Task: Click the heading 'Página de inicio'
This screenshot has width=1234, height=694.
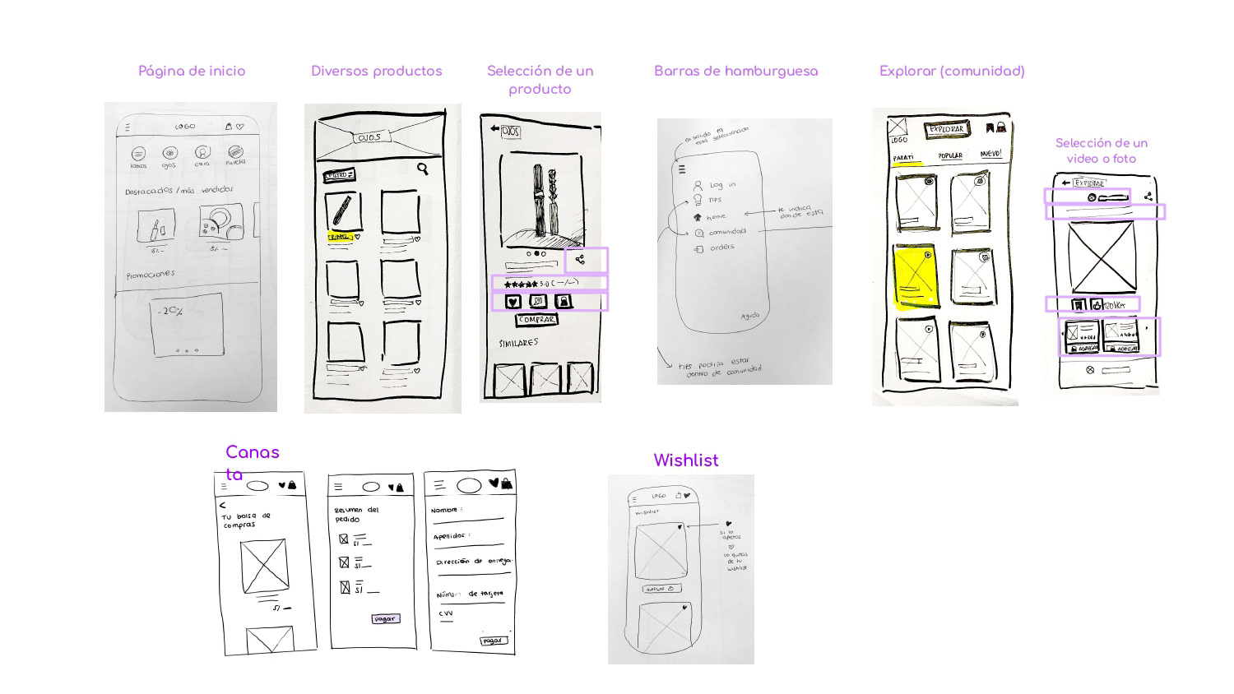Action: point(192,72)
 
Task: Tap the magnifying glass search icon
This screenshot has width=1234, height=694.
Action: point(422,169)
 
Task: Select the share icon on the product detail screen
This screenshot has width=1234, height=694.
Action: point(580,260)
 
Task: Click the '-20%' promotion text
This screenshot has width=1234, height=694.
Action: point(170,311)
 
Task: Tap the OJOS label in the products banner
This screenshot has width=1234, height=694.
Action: point(369,137)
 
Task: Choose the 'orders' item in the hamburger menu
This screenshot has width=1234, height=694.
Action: point(721,247)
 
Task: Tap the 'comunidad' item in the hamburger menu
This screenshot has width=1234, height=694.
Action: point(727,232)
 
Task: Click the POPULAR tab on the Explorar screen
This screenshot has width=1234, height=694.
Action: point(950,155)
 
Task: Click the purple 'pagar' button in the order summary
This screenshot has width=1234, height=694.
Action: point(385,618)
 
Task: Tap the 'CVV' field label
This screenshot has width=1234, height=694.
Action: point(446,613)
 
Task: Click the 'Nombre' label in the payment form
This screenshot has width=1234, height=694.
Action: point(445,510)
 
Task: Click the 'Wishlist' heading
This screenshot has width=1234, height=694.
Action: point(685,460)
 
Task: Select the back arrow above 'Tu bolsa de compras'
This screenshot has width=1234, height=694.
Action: point(222,505)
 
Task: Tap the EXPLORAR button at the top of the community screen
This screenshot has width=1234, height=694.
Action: point(947,129)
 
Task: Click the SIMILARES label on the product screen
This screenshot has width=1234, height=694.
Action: point(518,343)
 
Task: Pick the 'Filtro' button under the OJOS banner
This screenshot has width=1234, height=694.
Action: point(338,175)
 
